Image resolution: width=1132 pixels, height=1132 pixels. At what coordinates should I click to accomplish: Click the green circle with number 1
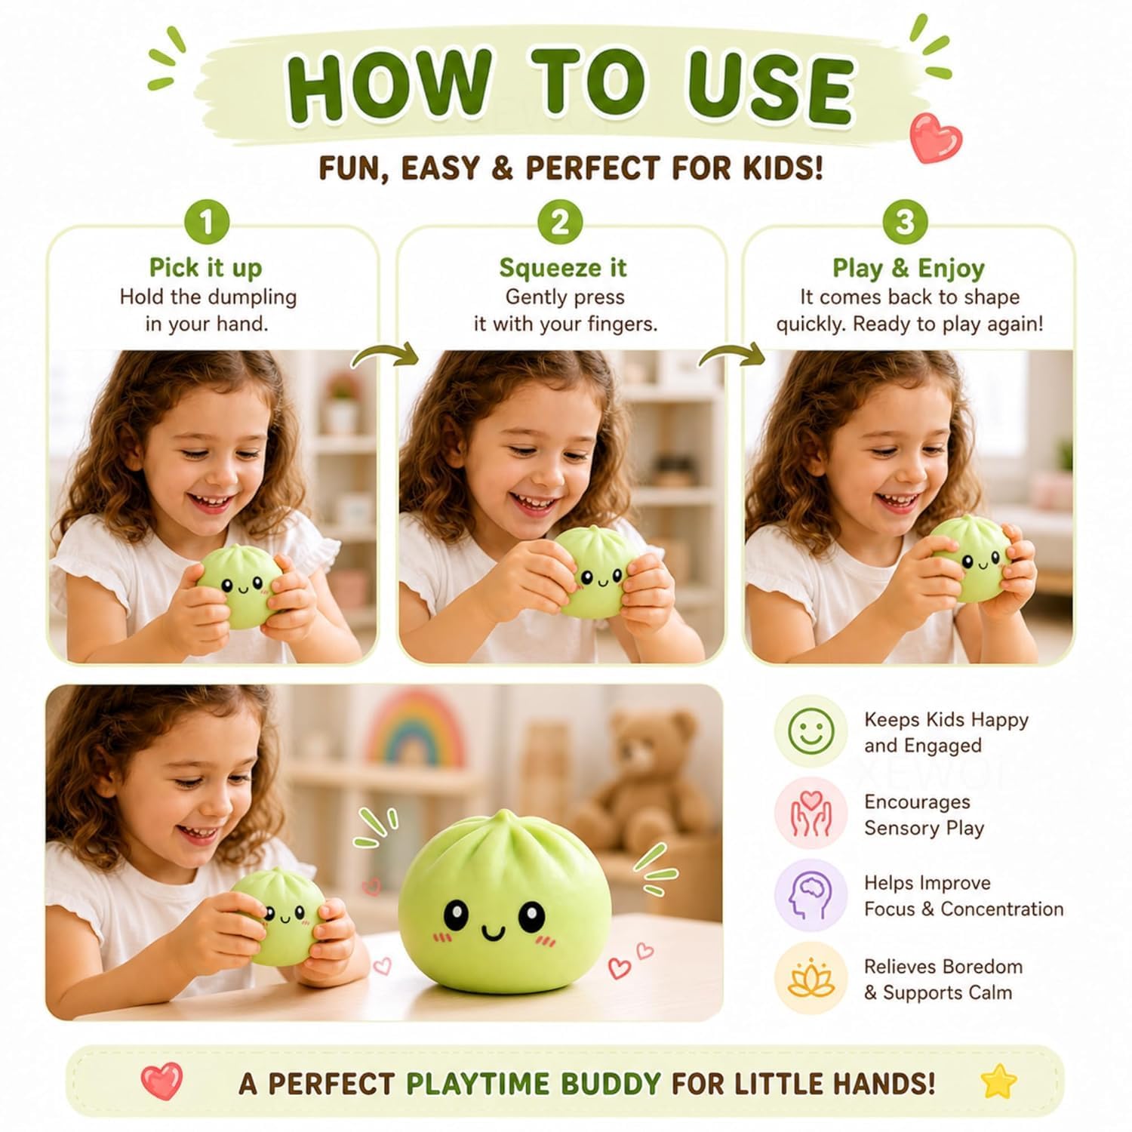(206, 222)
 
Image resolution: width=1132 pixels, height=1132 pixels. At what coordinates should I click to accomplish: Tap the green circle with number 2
(560, 222)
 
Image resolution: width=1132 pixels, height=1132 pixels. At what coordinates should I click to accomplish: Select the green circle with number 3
(904, 222)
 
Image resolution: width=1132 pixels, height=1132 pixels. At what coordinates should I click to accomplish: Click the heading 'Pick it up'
(205, 268)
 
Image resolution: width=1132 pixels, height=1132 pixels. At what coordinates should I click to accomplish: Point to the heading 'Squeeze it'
(563, 268)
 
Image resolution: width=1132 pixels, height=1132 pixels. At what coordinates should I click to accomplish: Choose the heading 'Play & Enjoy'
(909, 268)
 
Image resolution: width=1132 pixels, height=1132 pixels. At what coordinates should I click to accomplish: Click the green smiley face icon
(811, 731)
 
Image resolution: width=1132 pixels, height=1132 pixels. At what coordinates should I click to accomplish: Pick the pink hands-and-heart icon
(811, 814)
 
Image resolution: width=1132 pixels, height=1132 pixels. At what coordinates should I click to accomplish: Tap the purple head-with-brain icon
(811, 895)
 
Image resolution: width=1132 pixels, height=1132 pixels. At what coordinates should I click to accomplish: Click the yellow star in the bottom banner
(1000, 1081)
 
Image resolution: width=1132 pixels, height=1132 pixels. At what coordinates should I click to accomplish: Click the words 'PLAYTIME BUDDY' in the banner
(534, 1084)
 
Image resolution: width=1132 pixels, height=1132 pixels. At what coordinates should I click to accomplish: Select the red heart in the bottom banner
(162, 1081)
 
